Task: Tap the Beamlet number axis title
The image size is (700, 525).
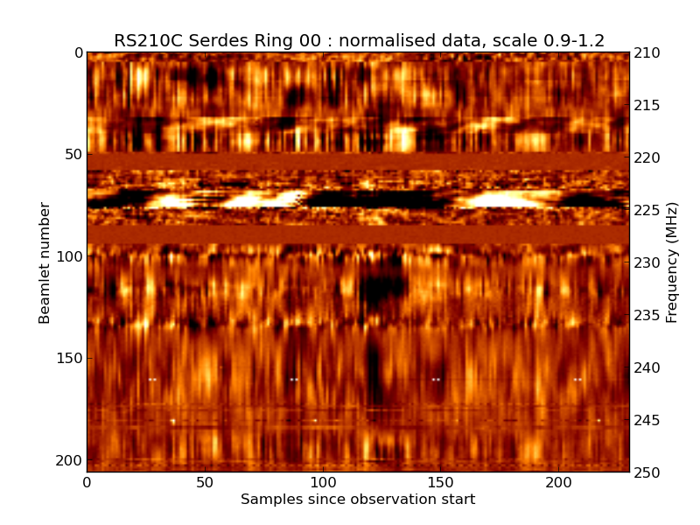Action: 45,262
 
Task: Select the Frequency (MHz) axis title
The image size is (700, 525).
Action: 672,262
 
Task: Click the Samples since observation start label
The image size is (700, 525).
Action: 358,500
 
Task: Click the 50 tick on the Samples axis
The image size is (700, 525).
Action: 205,482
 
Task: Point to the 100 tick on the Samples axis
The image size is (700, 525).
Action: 323,482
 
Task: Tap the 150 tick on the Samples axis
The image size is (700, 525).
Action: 440,482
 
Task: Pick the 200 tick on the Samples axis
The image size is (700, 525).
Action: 558,482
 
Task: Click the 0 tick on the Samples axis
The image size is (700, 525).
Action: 87,482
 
